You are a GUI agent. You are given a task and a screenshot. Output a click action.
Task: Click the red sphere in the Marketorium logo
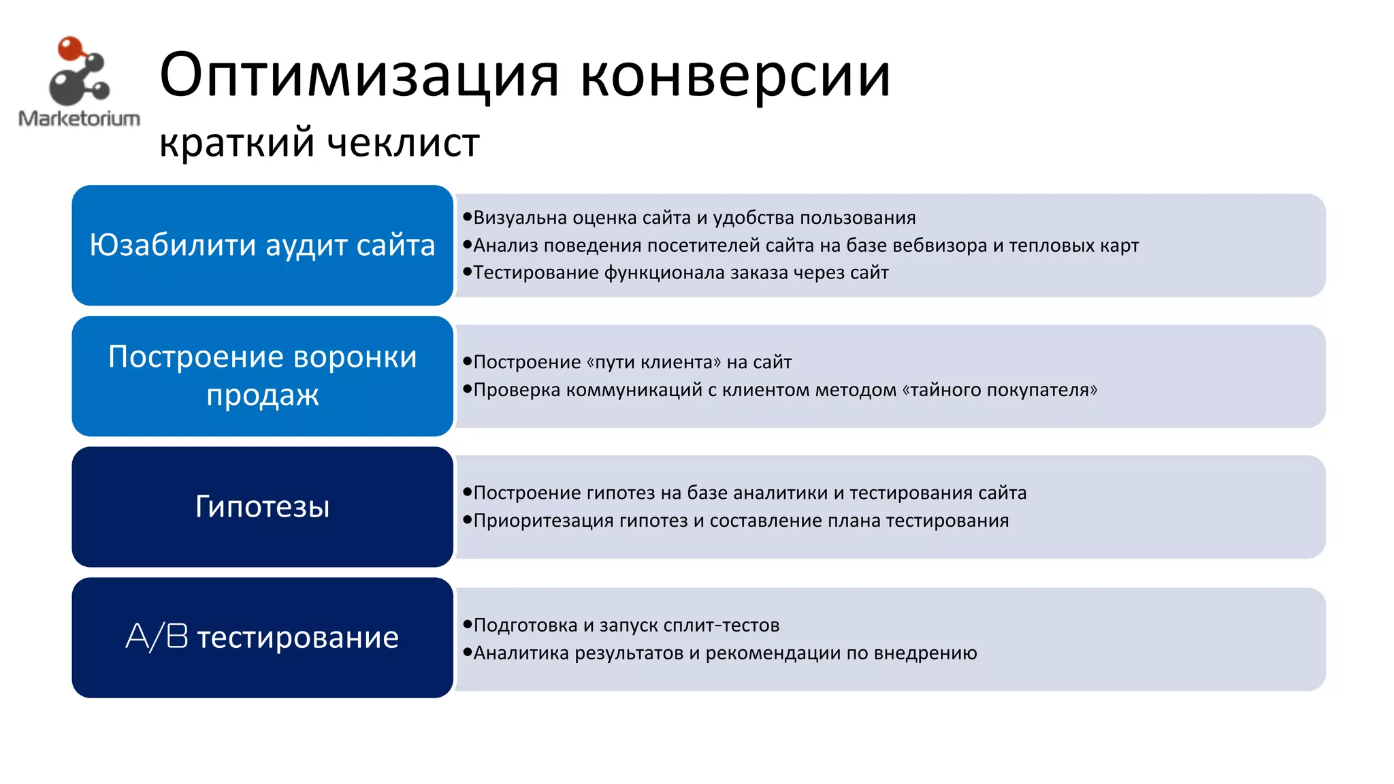pos(69,49)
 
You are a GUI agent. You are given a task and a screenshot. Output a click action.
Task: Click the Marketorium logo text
pos(79,118)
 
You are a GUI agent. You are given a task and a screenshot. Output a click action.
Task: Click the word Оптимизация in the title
pos(359,75)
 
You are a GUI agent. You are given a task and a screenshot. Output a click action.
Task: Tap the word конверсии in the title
pos(735,75)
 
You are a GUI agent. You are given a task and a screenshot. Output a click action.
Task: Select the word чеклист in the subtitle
pos(404,143)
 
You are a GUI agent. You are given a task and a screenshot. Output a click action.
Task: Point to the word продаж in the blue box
pos(263,395)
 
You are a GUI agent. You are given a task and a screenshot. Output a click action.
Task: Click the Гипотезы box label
pos(263,506)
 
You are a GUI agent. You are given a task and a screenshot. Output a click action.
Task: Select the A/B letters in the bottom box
pos(157,637)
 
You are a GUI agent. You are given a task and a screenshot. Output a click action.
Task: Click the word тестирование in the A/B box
pos(298,638)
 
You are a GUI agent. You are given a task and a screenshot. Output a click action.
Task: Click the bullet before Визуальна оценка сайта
pos(467,217)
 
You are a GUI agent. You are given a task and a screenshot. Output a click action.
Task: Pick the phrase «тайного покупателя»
pos(999,390)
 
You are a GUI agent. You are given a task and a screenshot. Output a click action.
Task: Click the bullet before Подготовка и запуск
pos(467,624)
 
